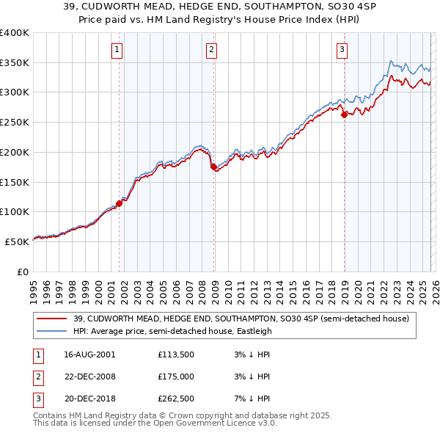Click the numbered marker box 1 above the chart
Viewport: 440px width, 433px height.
click(x=117, y=50)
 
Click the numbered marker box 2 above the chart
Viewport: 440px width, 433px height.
click(x=211, y=50)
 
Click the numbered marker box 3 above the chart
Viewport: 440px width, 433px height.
click(x=342, y=50)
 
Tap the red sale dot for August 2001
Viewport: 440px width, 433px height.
click(x=119, y=203)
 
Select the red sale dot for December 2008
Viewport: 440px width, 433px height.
click(x=213, y=167)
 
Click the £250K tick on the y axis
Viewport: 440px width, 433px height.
click(x=15, y=122)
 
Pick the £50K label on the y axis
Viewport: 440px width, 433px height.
click(x=18, y=241)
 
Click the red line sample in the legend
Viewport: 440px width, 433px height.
click(x=52, y=319)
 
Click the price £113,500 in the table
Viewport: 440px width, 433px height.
click(x=175, y=355)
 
